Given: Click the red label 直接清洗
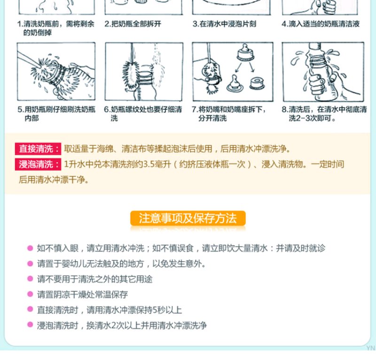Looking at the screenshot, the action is [x=38, y=149].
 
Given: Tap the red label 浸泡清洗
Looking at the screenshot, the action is [x=38, y=164].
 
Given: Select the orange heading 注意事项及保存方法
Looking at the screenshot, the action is [x=188, y=218].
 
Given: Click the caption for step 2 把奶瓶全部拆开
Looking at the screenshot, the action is [x=133, y=24].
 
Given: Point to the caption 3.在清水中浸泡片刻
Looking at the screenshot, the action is [x=225, y=24].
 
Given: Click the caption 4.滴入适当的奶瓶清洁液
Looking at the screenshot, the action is [x=321, y=24].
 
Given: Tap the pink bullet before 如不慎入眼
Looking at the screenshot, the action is [x=30, y=248].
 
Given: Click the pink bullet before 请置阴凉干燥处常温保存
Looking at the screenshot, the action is [x=30, y=294].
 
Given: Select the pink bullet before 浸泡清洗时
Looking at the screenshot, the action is [x=30, y=325].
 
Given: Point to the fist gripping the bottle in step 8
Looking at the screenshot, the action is [x=316, y=86].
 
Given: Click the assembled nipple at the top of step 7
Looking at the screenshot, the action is [x=245, y=52].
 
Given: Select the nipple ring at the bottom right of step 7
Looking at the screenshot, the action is [x=257, y=83].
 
